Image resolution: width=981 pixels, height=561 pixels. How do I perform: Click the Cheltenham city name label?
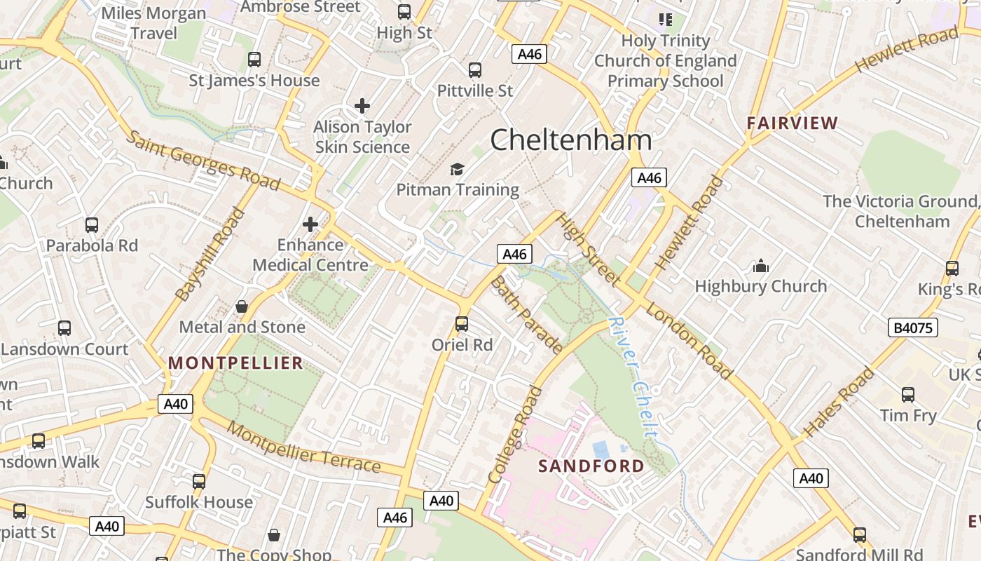570,140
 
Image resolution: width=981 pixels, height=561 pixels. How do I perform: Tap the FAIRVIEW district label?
792,123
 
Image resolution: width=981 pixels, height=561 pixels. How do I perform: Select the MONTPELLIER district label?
235,363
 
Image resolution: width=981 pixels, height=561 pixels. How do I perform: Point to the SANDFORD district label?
591,466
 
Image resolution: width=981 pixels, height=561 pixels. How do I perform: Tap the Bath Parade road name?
526,315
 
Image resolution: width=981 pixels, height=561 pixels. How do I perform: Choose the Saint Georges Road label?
203,161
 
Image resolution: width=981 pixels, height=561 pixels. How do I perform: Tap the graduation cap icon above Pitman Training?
457,169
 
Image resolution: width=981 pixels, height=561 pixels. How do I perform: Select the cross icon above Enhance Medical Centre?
310,224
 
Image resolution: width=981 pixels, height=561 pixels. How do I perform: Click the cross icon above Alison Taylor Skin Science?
362,106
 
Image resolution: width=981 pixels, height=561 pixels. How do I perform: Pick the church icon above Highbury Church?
760,266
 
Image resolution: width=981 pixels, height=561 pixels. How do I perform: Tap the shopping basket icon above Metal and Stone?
242,306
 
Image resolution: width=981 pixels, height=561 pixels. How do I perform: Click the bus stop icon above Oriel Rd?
461,324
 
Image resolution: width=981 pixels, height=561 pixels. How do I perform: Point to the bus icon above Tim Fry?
908,395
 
